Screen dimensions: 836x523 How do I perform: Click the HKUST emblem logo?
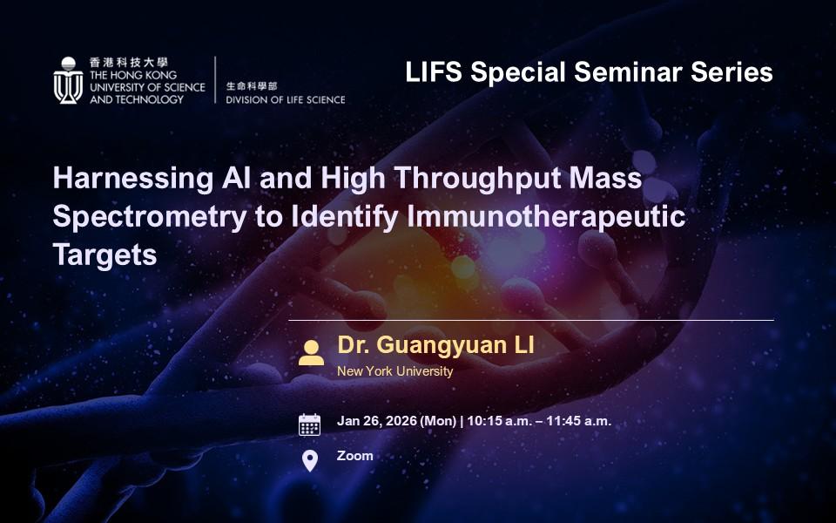click(68, 80)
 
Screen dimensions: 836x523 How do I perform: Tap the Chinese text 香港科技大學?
click(129, 63)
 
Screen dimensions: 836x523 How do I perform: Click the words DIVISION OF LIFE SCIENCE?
click(286, 99)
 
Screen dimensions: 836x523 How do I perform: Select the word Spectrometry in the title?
click(150, 217)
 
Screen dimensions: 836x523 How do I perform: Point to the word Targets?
click(105, 255)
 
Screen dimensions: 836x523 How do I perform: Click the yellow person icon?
click(311, 352)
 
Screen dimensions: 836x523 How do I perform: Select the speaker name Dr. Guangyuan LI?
click(435, 345)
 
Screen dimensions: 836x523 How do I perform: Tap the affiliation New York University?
click(395, 371)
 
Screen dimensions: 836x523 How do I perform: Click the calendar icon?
click(310, 425)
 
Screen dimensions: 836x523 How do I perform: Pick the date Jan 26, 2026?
click(377, 421)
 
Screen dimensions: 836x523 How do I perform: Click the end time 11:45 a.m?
click(579, 421)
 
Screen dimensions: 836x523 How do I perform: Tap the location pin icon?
click(310, 460)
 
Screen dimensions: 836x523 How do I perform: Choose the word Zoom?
click(355, 456)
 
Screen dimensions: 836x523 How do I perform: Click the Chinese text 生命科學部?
click(252, 86)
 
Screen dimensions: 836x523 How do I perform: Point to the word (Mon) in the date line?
click(439, 421)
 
